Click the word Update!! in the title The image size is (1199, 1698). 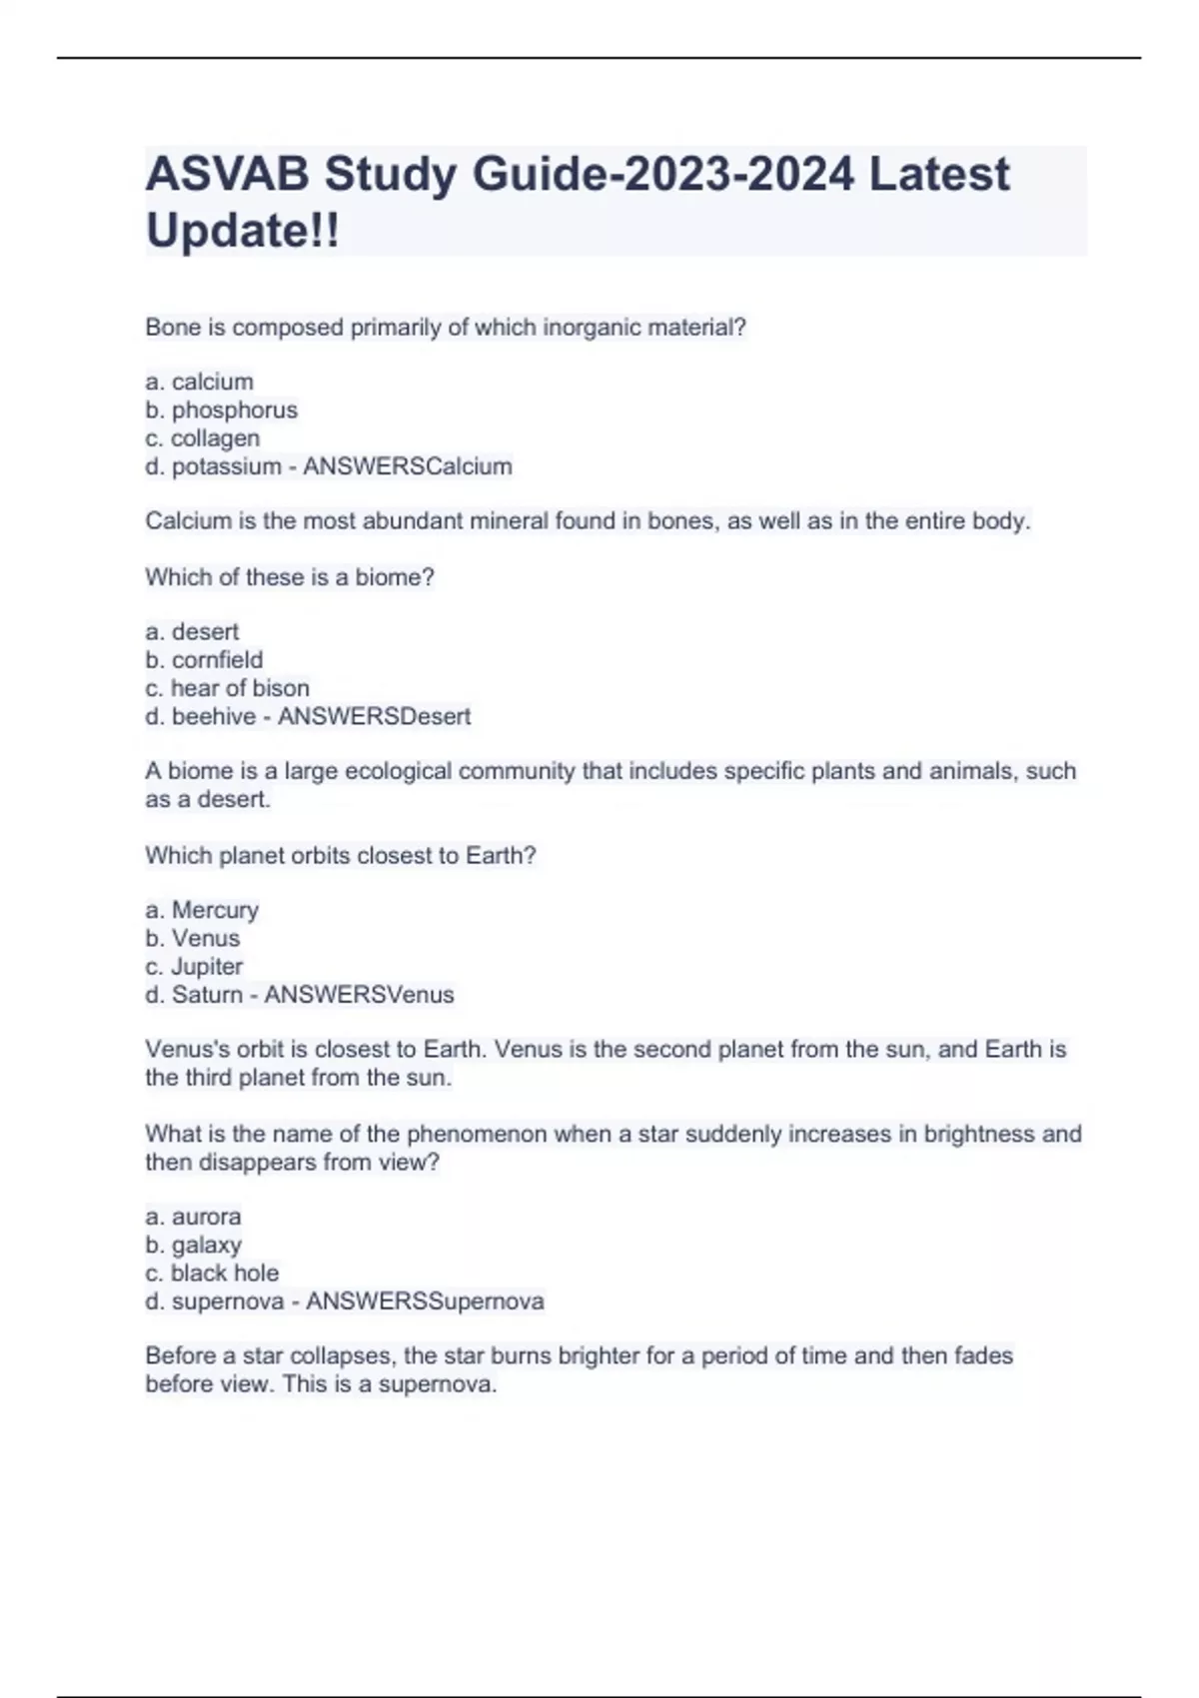click(242, 231)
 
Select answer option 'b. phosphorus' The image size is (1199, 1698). click(221, 411)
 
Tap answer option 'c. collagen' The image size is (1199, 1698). click(202, 438)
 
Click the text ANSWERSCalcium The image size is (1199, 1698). click(407, 466)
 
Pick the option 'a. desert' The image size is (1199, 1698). click(192, 632)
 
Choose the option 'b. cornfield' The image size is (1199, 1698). click(204, 660)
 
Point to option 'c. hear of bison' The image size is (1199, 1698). click(227, 688)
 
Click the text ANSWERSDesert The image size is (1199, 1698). click(374, 716)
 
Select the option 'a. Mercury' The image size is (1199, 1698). click(202, 910)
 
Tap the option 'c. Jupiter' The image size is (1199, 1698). click(194, 967)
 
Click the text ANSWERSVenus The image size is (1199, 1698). click(359, 995)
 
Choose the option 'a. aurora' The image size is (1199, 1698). click(193, 1217)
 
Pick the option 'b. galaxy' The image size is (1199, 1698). click(193, 1245)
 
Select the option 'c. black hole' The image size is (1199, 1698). click(212, 1273)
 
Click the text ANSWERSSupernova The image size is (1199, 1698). click(425, 1301)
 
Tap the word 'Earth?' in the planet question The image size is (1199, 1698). click(501, 856)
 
